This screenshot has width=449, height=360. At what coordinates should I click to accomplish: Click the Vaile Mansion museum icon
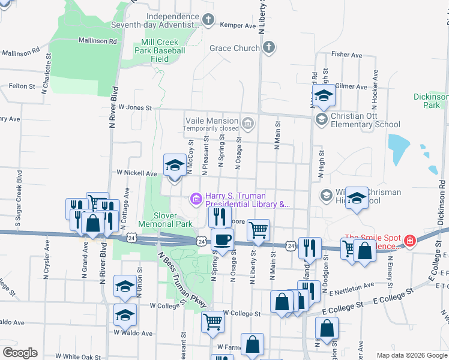tap(247, 124)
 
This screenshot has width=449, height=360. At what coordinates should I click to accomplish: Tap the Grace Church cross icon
tap(268, 47)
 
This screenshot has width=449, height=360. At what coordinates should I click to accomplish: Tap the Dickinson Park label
tap(431, 101)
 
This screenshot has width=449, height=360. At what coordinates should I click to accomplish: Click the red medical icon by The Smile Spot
tap(410, 241)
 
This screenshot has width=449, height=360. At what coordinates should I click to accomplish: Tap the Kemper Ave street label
tap(238, 26)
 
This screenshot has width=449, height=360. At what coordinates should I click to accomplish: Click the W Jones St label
tap(135, 107)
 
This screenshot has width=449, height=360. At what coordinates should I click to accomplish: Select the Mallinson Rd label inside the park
tap(97, 41)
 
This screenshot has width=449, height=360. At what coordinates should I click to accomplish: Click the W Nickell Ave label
tap(137, 173)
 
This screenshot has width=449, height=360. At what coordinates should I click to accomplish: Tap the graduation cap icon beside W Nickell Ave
tap(175, 165)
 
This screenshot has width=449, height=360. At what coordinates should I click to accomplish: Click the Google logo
tap(20, 352)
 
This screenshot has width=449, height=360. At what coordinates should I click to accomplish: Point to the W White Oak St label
tap(76, 356)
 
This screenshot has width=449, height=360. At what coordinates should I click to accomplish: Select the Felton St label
tap(22, 86)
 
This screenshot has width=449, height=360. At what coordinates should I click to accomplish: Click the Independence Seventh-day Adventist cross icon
tap(208, 20)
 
